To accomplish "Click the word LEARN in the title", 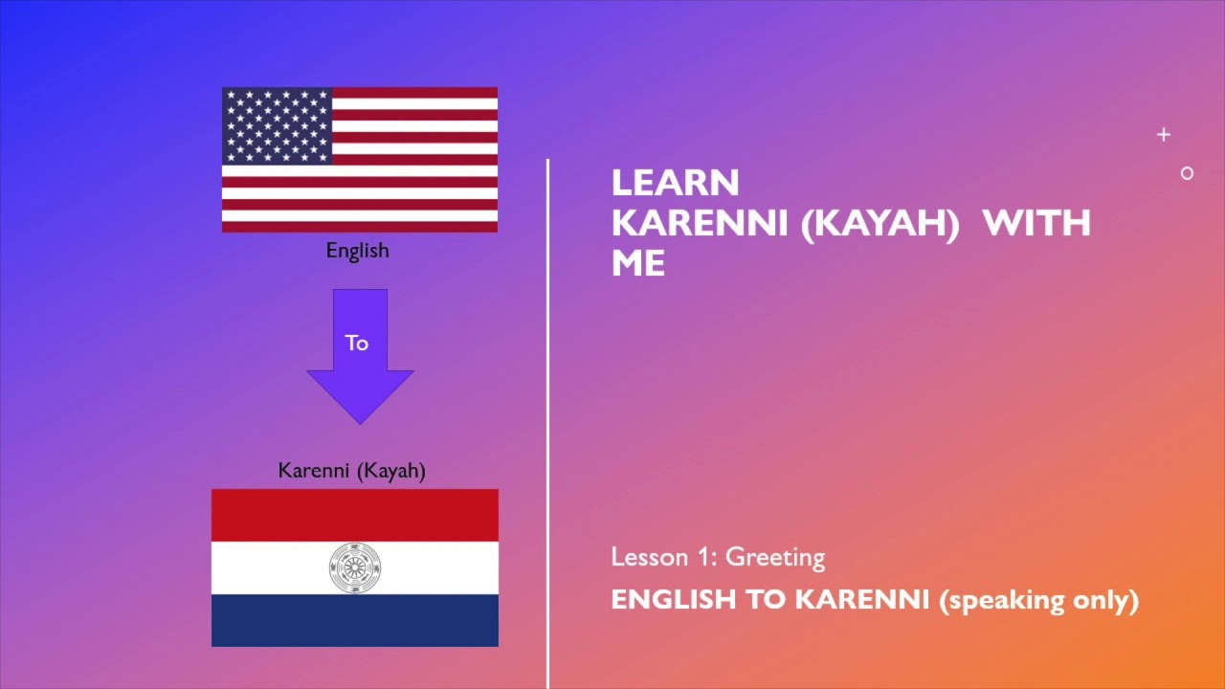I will pyautogui.click(x=675, y=183).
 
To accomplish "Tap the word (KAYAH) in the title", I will pyautogui.click(x=880, y=223).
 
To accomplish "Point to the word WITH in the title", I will pyautogui.click(x=1036, y=223).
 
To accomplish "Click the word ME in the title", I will pyautogui.click(x=637, y=263).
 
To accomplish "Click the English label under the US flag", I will pyautogui.click(x=357, y=251).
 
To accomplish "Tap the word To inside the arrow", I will pyautogui.click(x=357, y=343).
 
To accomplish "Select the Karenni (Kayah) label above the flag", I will pyautogui.click(x=351, y=470).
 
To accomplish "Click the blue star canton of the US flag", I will pyautogui.click(x=278, y=125).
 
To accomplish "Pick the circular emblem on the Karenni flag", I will pyautogui.click(x=355, y=567).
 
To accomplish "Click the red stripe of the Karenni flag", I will pyautogui.click(x=355, y=515).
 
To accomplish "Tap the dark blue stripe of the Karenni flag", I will pyautogui.click(x=355, y=620).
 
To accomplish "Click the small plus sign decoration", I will pyautogui.click(x=1163, y=135).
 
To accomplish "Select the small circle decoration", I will pyautogui.click(x=1187, y=173).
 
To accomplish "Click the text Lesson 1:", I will pyautogui.click(x=664, y=557).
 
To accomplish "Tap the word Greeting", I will pyautogui.click(x=775, y=557).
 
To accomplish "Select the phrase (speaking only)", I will pyautogui.click(x=1038, y=600).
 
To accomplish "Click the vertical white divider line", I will pyautogui.click(x=548, y=421).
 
